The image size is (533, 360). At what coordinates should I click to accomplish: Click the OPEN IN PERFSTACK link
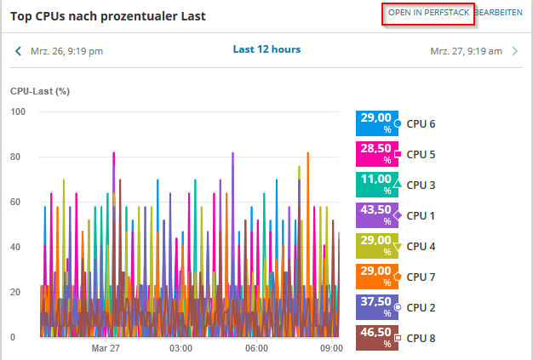(428, 13)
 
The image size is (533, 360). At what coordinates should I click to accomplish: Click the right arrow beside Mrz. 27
(514, 51)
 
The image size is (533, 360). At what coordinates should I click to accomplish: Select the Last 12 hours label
(266, 49)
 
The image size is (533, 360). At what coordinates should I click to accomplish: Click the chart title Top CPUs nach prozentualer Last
(107, 16)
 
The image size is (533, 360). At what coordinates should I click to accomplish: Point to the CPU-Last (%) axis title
(39, 90)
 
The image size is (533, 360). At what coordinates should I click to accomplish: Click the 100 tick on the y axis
(18, 112)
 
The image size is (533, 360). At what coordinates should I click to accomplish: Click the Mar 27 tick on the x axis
(105, 348)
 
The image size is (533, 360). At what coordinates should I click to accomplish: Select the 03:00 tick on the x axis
(181, 348)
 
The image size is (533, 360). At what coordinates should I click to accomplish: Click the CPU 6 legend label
(421, 124)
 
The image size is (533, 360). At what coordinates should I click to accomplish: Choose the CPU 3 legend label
(421, 185)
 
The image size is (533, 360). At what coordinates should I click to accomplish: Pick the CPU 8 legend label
(421, 338)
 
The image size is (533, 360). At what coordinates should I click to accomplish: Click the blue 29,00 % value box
(375, 123)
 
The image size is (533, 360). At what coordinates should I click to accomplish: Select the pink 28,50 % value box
(375, 154)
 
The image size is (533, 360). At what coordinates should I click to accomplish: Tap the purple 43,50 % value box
(375, 215)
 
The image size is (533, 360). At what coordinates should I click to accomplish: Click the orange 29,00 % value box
(375, 277)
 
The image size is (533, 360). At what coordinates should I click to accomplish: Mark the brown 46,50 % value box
(375, 338)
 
